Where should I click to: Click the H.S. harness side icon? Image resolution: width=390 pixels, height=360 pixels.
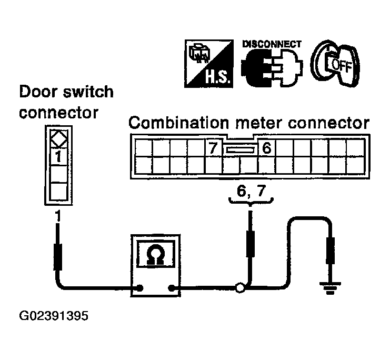click(208, 64)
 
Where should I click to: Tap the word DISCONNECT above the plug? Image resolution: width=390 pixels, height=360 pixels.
click(272, 44)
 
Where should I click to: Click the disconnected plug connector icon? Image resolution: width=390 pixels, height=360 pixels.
click(272, 68)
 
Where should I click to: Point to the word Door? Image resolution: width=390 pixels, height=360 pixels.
click(38, 92)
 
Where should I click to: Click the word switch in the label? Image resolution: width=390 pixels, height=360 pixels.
click(88, 92)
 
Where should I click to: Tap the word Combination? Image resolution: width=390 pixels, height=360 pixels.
click(178, 123)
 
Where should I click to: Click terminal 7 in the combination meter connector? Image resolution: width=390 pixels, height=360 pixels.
click(213, 148)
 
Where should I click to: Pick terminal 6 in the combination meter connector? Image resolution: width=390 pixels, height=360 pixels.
click(267, 148)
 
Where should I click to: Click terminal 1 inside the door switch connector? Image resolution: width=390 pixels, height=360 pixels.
click(58, 157)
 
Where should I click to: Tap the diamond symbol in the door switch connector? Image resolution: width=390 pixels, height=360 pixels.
click(59, 139)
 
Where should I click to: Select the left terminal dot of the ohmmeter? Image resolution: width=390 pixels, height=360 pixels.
click(141, 288)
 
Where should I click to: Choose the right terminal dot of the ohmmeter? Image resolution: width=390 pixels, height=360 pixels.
click(171, 288)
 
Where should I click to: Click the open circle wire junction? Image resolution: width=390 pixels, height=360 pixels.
click(241, 288)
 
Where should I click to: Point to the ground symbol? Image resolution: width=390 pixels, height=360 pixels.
click(330, 288)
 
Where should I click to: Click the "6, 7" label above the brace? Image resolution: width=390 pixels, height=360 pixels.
click(251, 192)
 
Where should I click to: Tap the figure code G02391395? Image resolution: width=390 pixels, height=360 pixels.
click(54, 316)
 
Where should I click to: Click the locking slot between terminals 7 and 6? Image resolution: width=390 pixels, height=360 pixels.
click(240, 150)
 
